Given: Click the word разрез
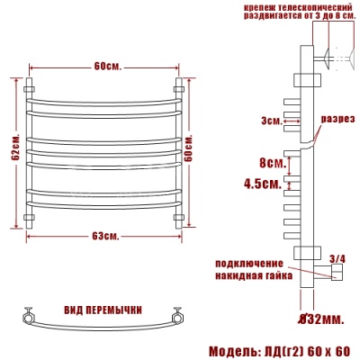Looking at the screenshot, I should tap(341, 118).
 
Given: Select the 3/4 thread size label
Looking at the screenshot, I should tap(338, 259).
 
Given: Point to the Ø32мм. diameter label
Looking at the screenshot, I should tap(318, 318).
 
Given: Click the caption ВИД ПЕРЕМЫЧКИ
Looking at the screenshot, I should tap(103, 310).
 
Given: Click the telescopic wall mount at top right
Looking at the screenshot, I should tap(333, 58).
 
